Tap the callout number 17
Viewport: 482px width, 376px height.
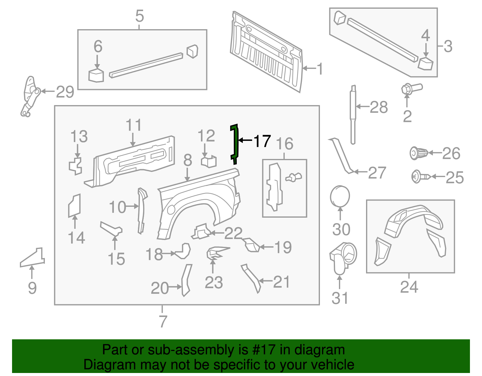tap(262, 141)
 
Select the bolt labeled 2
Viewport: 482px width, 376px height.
tap(412, 89)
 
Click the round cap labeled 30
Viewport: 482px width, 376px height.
tap(340, 196)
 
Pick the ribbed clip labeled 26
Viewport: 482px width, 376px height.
tap(419, 153)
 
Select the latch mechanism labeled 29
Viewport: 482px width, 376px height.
tap(30, 96)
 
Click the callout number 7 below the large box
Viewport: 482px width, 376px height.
tap(163, 321)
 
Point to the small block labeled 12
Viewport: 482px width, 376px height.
tap(208, 161)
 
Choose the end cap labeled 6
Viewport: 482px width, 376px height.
tap(96, 76)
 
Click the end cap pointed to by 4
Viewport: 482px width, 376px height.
tap(425, 64)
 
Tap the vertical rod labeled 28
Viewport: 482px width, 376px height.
tap(353, 114)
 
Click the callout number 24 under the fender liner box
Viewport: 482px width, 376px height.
tap(409, 287)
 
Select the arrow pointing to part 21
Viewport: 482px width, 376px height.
tap(265, 281)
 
